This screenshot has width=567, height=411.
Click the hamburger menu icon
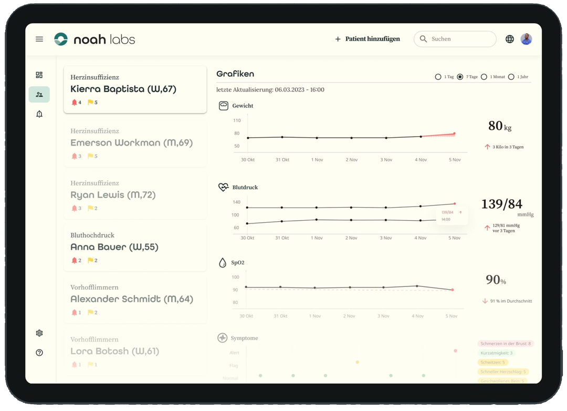tap(39, 39)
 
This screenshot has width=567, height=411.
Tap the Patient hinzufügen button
tap(367, 39)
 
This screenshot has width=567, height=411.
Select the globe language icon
tap(509, 39)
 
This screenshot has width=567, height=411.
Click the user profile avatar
tap(526, 39)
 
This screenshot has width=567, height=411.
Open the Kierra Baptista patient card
tap(135, 89)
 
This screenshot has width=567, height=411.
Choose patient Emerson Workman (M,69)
tap(135, 143)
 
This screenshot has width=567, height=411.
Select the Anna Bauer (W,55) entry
tap(135, 247)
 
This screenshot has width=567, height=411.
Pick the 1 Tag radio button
tap(438, 77)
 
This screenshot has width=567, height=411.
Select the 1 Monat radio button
tap(484, 77)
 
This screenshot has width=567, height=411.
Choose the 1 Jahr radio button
tap(511, 77)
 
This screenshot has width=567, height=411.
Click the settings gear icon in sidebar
tap(39, 333)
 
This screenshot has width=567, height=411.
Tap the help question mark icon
tap(39, 353)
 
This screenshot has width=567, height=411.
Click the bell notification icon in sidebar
tap(39, 114)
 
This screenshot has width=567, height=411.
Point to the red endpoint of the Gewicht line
tap(454, 133)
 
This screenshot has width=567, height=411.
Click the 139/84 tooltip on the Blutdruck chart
tap(451, 215)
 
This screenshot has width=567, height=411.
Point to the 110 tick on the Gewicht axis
tap(237, 120)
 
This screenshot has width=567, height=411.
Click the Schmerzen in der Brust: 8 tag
tap(506, 344)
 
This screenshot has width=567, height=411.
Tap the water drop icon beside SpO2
tap(223, 263)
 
